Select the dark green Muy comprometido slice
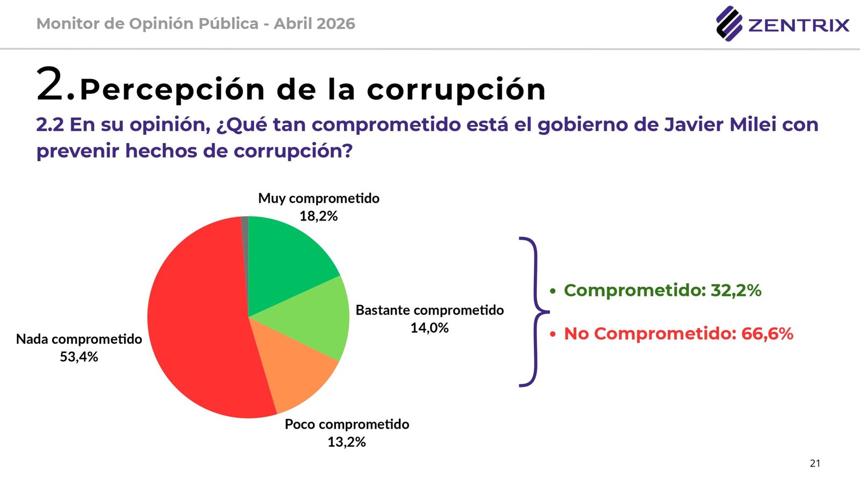click(x=285, y=258)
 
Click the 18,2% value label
click(x=319, y=216)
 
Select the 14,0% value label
click(x=429, y=328)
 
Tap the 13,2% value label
click(x=347, y=442)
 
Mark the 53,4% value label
click(x=79, y=357)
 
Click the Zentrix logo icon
click(x=729, y=24)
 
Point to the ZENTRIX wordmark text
click(x=799, y=25)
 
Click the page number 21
click(x=815, y=464)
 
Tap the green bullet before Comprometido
click(x=553, y=291)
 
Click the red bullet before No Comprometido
click(x=553, y=334)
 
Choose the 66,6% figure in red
click(x=767, y=334)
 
